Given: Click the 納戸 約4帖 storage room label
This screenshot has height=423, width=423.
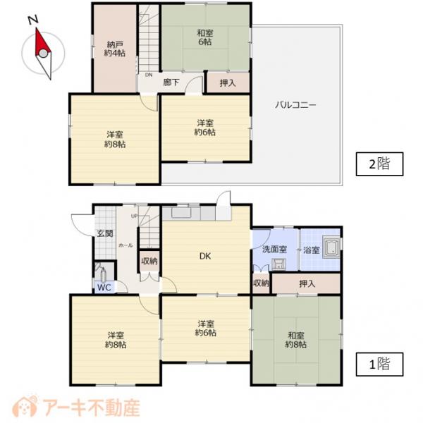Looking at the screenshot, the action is [x=115, y=49].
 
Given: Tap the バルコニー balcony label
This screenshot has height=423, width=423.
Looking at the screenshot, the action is [x=295, y=104].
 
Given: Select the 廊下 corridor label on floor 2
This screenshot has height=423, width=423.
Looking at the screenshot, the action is [x=171, y=82].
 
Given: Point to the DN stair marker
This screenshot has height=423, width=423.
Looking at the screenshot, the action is [x=149, y=75].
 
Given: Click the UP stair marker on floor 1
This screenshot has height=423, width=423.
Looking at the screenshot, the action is [x=134, y=216].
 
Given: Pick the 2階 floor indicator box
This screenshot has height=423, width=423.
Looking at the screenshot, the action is [x=379, y=164].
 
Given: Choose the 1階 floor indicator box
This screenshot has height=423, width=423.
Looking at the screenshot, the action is [x=379, y=364].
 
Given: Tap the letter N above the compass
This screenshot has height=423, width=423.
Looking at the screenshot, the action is [x=33, y=20].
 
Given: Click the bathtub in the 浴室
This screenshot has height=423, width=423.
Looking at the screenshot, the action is [x=331, y=247].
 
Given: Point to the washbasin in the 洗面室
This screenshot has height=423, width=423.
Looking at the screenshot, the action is [x=278, y=264].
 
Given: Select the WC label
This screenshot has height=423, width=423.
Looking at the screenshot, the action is [x=104, y=288].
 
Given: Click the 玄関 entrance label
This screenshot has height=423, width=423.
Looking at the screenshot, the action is [x=105, y=233].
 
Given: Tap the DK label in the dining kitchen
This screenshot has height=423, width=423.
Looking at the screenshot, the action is [x=205, y=256].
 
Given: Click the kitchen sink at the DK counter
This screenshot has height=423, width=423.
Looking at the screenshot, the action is [x=181, y=213].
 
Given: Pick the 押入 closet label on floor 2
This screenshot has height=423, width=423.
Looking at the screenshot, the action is [x=228, y=83].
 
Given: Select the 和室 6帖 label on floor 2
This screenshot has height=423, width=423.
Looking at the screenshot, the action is [x=205, y=37].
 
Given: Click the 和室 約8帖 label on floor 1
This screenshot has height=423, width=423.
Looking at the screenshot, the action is [x=295, y=340].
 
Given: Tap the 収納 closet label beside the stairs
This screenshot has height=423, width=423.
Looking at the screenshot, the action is [x=149, y=261].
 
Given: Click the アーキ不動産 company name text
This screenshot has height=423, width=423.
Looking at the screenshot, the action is [x=92, y=407].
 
